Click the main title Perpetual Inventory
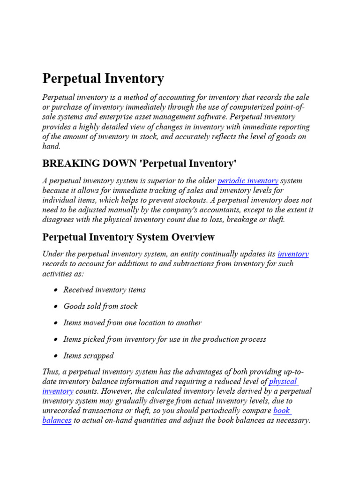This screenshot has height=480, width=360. (103, 78)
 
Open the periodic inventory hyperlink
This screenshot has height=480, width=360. (248, 180)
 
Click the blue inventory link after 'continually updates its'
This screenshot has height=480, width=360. (293, 254)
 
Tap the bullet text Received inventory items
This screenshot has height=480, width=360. (105, 290)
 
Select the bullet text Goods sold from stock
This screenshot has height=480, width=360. (100, 306)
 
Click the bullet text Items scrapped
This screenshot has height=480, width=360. (88, 355)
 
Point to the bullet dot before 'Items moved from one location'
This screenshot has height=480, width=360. (55, 323)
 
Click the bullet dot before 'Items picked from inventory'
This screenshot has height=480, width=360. (55, 339)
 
